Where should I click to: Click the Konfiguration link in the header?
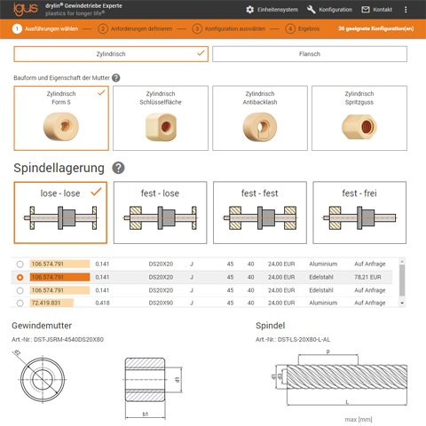tap(329, 10)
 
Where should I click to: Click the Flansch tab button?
tap(309, 54)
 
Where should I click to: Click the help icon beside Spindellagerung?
tap(118, 168)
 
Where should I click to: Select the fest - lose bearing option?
tap(160, 212)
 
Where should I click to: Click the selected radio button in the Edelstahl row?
tap(20, 277)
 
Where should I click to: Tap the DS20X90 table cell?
tap(161, 303)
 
